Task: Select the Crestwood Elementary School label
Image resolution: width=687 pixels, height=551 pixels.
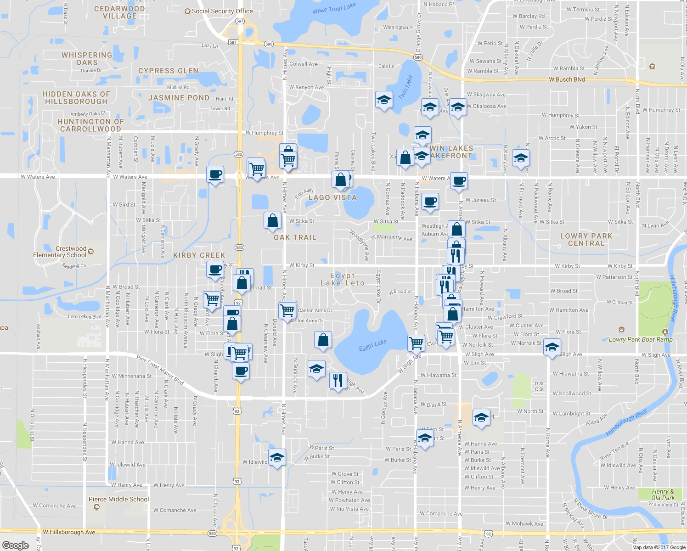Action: (60, 252)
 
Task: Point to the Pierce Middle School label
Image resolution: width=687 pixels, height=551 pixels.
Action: (118, 499)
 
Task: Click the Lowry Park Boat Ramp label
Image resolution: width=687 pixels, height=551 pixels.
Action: (641, 339)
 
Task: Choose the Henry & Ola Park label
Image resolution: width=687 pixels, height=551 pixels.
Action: (663, 495)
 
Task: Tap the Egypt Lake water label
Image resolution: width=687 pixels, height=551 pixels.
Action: (372, 345)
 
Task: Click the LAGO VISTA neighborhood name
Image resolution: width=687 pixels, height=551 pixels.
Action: (332, 197)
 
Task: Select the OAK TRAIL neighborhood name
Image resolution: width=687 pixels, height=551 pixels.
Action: (295, 237)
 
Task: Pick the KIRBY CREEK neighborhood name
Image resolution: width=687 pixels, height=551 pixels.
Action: (199, 255)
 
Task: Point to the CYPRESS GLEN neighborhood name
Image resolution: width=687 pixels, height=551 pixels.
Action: (168, 71)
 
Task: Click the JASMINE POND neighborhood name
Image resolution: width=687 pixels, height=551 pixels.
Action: (179, 98)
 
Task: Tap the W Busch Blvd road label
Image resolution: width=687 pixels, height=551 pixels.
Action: (567, 79)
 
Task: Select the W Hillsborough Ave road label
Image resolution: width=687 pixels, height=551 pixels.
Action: (69, 532)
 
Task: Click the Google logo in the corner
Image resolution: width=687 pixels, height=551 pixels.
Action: (15, 545)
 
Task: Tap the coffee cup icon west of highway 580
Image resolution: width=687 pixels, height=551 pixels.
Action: (215, 174)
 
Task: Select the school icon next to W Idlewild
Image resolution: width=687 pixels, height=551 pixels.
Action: (277, 457)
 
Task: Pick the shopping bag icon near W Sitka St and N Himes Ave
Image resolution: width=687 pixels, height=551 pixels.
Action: (272, 220)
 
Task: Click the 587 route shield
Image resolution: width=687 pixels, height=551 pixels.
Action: (233, 42)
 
